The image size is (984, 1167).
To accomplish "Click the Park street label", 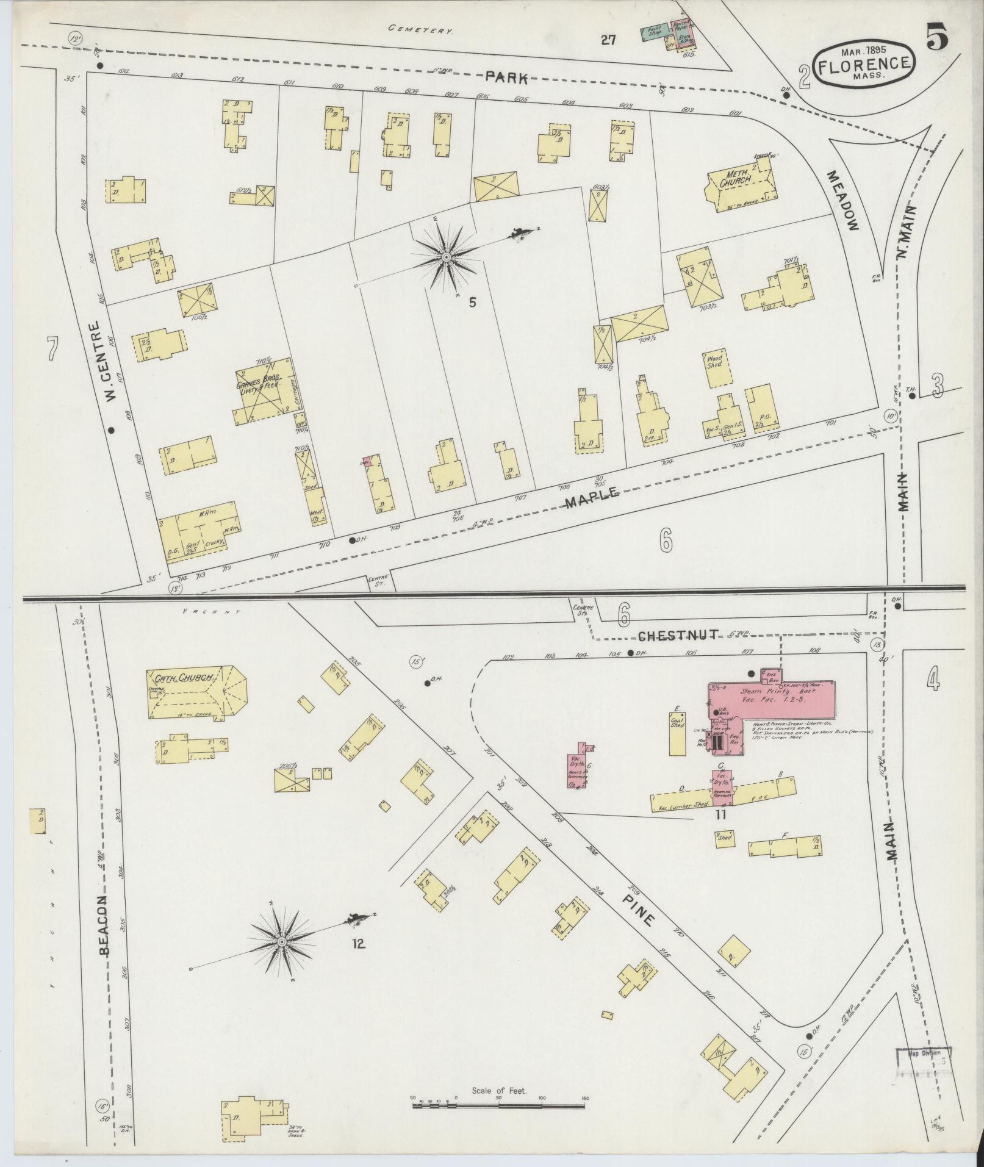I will (506, 78).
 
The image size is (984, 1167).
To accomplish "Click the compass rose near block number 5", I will (447, 259).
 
